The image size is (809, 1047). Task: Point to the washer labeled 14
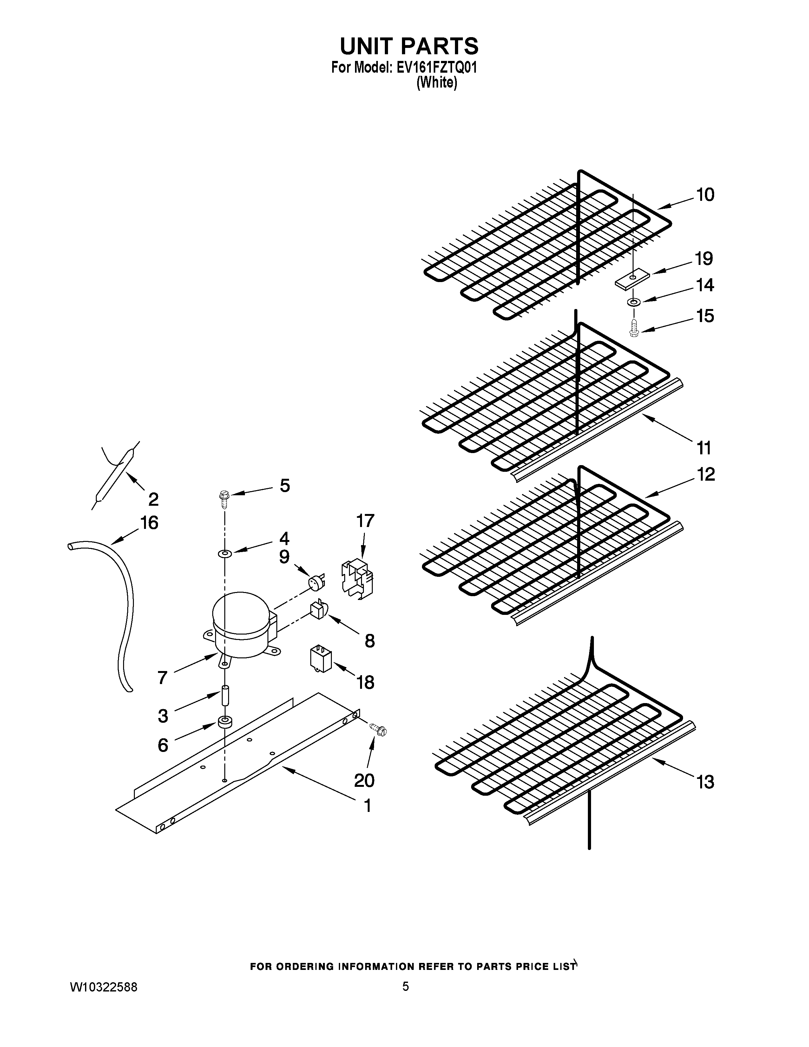(633, 302)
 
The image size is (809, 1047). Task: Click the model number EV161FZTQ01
(436, 68)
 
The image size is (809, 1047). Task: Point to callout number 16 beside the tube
(149, 523)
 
